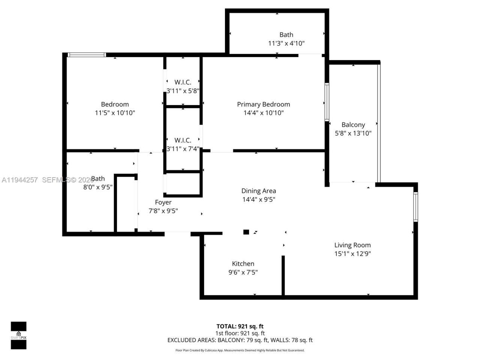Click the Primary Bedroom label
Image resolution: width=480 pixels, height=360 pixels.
click(263, 104)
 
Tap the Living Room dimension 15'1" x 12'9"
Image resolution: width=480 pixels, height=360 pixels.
click(352, 254)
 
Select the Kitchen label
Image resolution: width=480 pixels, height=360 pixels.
click(243, 264)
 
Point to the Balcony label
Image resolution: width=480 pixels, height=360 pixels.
click(353, 124)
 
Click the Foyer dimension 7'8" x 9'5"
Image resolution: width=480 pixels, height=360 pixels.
click(163, 211)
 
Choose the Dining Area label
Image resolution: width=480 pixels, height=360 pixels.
click(258, 191)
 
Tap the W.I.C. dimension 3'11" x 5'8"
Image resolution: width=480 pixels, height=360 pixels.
click(183, 90)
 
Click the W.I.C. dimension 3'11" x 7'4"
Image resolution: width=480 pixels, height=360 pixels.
click(183, 148)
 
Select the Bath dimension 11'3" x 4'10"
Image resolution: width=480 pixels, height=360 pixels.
click(286, 43)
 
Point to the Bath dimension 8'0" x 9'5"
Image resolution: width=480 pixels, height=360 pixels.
click(98, 187)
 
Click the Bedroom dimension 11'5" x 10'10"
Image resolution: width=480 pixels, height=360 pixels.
click(115, 112)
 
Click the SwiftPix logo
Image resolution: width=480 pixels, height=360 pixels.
click(18, 335)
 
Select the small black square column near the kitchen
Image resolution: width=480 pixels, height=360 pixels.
click(246, 232)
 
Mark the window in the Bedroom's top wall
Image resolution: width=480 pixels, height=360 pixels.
click(87, 55)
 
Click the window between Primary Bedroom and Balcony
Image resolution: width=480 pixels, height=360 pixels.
click(327, 102)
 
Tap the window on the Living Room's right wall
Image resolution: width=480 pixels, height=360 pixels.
click(415, 207)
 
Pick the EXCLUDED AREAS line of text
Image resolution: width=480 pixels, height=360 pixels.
click(240, 340)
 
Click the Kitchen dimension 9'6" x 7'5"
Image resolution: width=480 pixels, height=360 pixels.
click(243, 272)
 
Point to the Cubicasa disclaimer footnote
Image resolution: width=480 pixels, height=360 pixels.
click(240, 350)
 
